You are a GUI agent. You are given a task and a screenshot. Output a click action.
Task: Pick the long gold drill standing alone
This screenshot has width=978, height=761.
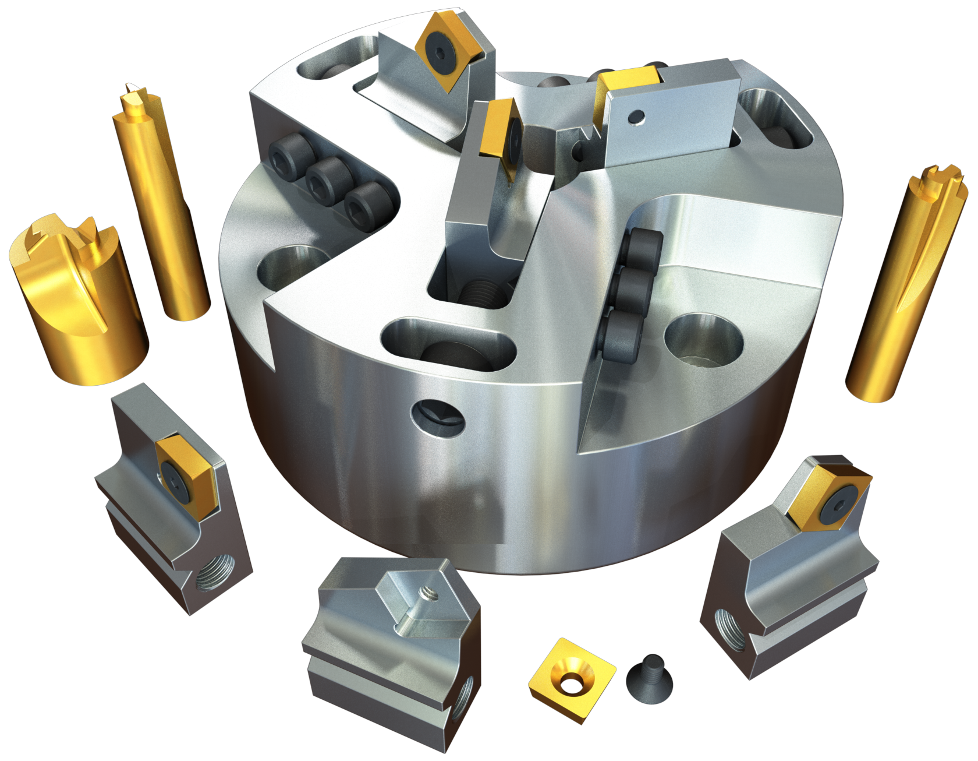click(x=902, y=286)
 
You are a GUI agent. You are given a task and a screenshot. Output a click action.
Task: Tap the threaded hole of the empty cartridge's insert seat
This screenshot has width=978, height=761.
click(x=427, y=594)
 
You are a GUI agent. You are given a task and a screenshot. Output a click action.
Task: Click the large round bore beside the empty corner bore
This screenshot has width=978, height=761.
click(x=703, y=340)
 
